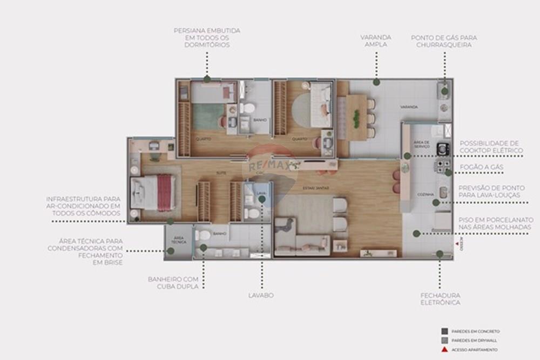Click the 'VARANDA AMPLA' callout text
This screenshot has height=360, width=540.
pyautogui.click(x=376, y=41)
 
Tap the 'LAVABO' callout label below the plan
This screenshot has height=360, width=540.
pyautogui.click(x=261, y=295)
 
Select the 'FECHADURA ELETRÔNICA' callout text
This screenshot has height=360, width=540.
pyautogui.click(x=440, y=299)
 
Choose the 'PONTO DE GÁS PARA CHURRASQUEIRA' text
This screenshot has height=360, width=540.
pyautogui.click(x=444, y=41)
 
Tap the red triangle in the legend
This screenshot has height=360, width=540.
pyautogui.click(x=444, y=350)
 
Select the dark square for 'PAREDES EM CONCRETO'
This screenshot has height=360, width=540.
pyautogui.click(x=444, y=331)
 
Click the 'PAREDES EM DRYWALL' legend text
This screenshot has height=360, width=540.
pyautogui.click(x=475, y=341)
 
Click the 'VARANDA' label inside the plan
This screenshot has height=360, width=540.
pyautogui.click(x=409, y=107)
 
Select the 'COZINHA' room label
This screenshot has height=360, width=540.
pyautogui.click(x=423, y=194)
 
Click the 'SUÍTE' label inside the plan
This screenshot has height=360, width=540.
pyautogui.click(x=221, y=173)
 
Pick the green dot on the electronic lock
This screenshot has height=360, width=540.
pyautogui.click(x=440, y=254)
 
